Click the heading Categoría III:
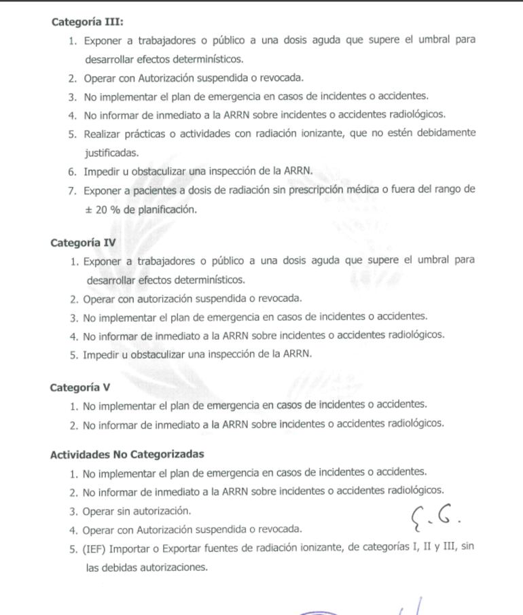87,22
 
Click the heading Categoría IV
83,242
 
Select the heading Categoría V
80,387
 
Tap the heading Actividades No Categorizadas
127,454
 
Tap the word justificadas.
112,153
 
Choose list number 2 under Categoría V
73,423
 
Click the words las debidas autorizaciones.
146,567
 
